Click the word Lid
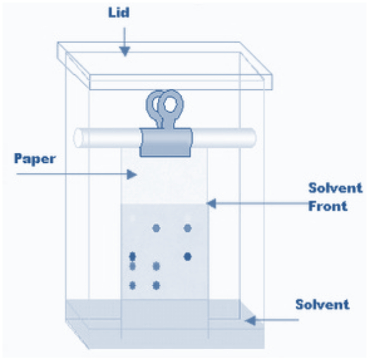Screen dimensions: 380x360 click(x=119, y=13)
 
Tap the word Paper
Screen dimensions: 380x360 click(x=35, y=159)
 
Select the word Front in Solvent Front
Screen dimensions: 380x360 click(x=327, y=206)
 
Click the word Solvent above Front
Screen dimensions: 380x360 click(x=336, y=188)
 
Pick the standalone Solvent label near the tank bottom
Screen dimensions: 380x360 click(x=322, y=304)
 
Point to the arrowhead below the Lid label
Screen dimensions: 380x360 click(x=125, y=51)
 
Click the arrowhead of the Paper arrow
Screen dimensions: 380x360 click(x=132, y=174)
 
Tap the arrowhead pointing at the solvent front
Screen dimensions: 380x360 click(x=211, y=203)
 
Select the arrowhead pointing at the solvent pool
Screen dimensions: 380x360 click(x=250, y=321)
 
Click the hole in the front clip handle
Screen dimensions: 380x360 click(x=170, y=105)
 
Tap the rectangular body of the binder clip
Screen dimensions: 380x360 click(x=166, y=143)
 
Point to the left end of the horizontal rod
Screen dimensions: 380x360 click(x=77, y=138)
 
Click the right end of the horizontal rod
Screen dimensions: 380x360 click(x=252, y=138)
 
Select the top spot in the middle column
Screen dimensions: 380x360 click(x=156, y=228)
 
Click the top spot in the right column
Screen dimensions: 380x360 click(x=187, y=228)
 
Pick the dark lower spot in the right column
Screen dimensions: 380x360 click(x=187, y=257)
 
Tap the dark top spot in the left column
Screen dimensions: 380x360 click(x=132, y=256)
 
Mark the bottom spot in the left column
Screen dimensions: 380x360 click(x=132, y=285)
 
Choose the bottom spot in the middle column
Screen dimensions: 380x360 click(x=156, y=285)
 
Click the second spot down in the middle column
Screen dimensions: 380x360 click(x=156, y=266)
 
